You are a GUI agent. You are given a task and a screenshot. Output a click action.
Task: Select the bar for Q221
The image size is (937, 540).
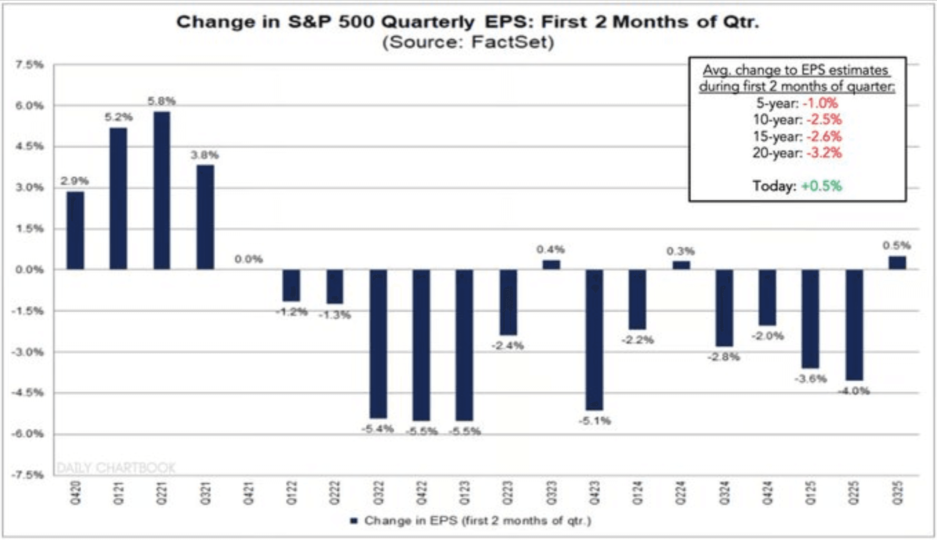[x=162, y=190]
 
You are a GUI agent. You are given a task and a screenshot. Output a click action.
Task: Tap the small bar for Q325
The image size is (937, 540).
[x=897, y=262]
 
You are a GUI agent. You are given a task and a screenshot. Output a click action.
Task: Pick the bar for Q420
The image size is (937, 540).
[x=75, y=230]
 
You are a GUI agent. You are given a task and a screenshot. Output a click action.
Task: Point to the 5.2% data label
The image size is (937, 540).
[x=118, y=117]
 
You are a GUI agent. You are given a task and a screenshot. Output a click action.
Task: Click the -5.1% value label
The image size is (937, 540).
[x=595, y=421]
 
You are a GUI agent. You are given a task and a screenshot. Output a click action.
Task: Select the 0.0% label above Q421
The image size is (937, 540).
[x=248, y=259]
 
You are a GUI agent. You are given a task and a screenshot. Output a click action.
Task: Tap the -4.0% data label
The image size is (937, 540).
[x=854, y=391]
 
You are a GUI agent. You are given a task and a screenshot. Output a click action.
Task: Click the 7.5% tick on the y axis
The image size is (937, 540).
[x=29, y=65]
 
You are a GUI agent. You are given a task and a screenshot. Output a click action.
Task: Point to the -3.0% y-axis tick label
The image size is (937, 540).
[x=28, y=352]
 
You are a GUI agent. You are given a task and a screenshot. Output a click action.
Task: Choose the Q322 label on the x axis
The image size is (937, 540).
[x=378, y=493]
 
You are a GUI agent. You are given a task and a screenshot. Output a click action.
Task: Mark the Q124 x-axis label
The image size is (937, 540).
[x=637, y=493]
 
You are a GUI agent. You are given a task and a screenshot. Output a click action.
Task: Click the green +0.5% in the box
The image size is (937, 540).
[x=822, y=186]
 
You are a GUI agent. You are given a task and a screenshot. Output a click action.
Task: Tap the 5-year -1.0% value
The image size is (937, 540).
[x=820, y=103]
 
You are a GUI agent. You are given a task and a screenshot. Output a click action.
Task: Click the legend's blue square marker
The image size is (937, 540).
[x=354, y=521]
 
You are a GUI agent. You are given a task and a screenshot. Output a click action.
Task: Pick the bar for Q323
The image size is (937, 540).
[x=551, y=265]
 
